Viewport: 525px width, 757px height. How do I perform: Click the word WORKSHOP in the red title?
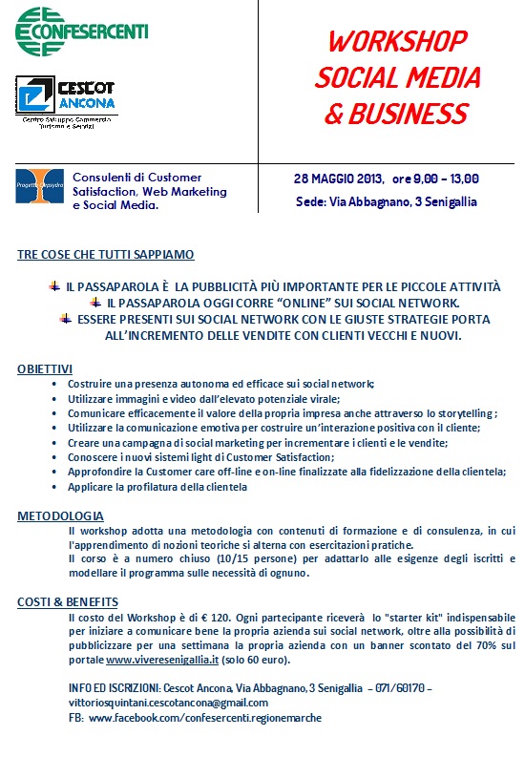click(398, 42)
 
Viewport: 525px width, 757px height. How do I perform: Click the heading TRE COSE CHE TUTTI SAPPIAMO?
click(106, 255)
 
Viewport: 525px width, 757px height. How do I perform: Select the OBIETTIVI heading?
click(45, 368)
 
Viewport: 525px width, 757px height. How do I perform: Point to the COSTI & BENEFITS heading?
click(68, 601)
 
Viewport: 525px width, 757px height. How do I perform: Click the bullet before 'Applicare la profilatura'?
click(54, 487)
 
